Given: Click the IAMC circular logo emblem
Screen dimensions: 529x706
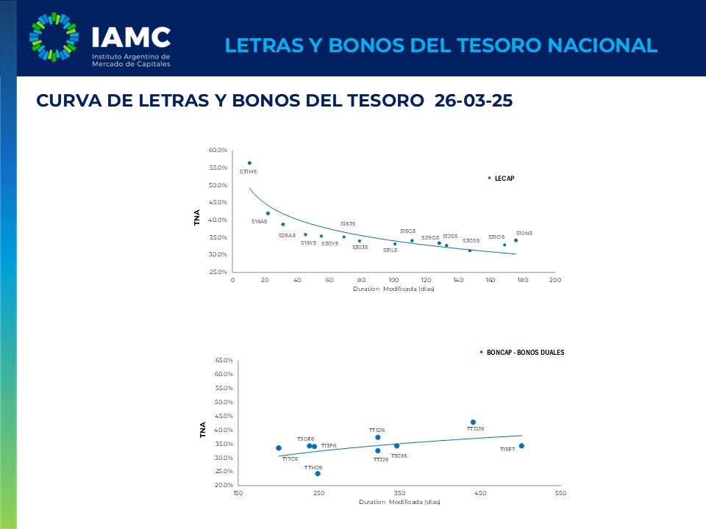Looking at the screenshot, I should click(53, 37).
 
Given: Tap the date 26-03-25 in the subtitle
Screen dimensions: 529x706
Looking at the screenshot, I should click(473, 101).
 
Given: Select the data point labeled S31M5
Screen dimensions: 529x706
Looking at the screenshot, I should click(249, 163).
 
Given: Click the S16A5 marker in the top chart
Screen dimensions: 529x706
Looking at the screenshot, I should click(268, 213).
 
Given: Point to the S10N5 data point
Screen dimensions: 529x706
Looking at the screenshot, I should click(516, 240).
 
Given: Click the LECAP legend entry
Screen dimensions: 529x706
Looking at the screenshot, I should click(504, 178).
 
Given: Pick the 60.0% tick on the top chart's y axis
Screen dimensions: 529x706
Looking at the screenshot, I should click(217, 150).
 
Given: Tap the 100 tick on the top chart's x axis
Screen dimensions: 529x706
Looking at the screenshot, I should click(393, 280).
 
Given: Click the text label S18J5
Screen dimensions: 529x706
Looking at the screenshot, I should click(347, 223).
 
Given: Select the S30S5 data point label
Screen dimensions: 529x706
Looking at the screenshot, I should click(471, 240).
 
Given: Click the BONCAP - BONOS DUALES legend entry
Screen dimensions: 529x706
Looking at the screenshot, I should click(524, 353).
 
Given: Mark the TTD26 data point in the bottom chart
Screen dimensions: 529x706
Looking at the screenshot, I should click(473, 422).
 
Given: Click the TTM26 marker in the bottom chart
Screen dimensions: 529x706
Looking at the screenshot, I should click(318, 473).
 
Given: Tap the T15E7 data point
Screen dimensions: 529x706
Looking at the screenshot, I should click(521, 446).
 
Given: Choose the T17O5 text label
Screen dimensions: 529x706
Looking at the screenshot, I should click(290, 458).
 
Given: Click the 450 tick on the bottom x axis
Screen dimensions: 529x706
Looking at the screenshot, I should click(480, 494).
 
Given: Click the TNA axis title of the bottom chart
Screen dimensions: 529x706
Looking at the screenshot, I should click(203, 430).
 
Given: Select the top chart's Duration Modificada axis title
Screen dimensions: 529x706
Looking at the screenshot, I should click(393, 289).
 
